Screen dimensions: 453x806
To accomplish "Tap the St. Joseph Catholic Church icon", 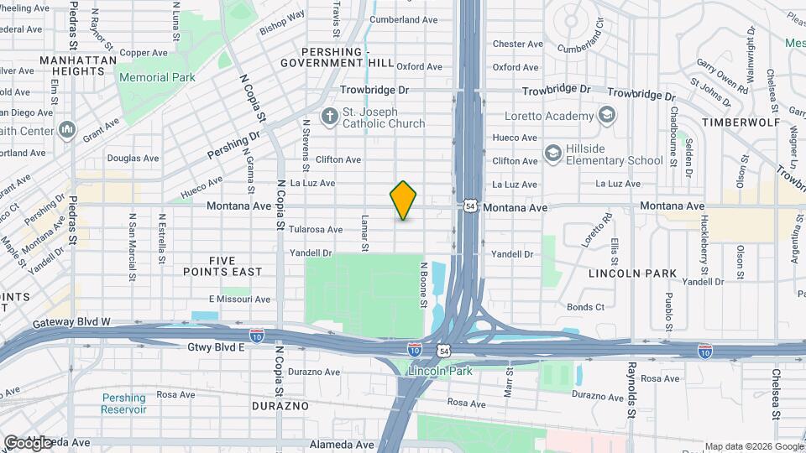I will pyautogui.click(x=328, y=115).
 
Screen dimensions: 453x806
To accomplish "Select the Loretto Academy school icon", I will pyautogui.click(x=607, y=115).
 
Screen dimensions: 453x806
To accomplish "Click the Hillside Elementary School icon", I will pyautogui.click(x=552, y=153).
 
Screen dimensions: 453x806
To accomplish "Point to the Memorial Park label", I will pyautogui.click(x=156, y=77).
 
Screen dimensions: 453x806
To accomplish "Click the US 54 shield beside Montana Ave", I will pyautogui.click(x=471, y=206).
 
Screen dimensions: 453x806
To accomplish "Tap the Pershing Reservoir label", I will pyautogui.click(x=123, y=404).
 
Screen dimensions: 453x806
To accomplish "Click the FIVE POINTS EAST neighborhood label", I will pyautogui.click(x=223, y=266).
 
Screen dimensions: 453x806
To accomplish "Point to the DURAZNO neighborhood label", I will pyautogui.click(x=280, y=406).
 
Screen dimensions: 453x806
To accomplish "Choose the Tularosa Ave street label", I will pyautogui.click(x=316, y=229).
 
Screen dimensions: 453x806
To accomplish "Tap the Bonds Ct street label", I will pyautogui.click(x=585, y=307).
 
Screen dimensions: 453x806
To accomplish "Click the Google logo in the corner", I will pyautogui.click(x=27, y=443).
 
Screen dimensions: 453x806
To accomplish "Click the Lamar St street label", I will pyautogui.click(x=365, y=232).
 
